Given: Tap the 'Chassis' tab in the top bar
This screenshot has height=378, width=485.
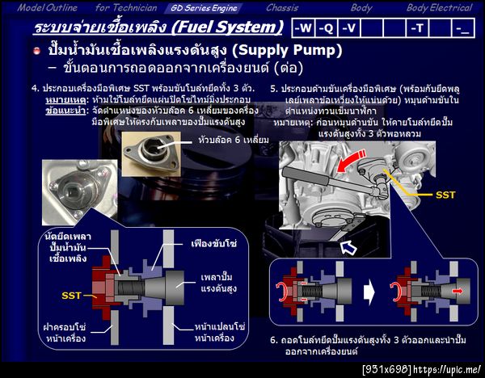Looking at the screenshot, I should pyautogui.click(x=282, y=7).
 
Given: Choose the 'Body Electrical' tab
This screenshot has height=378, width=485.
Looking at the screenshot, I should pyautogui.click(x=439, y=7).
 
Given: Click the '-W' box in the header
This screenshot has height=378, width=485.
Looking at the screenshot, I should pyautogui.click(x=303, y=28).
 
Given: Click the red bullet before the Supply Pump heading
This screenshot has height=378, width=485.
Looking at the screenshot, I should pyautogui.click(x=36, y=51).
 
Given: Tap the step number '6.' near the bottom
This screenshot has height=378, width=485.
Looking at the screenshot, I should pyautogui.click(x=274, y=340).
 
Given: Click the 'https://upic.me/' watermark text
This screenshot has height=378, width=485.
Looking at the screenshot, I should pyautogui.click(x=449, y=370).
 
